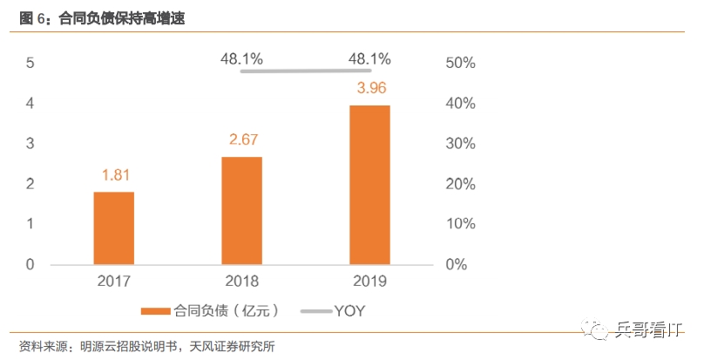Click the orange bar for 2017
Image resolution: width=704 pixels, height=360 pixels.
click(x=114, y=228)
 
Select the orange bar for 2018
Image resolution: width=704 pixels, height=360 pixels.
click(x=242, y=210)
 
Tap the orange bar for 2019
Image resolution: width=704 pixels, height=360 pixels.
click(x=369, y=184)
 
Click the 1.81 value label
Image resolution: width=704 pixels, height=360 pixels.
click(x=114, y=175)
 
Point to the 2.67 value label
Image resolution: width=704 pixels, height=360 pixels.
click(x=242, y=139)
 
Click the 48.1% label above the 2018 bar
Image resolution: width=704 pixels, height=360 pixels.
click(x=242, y=59)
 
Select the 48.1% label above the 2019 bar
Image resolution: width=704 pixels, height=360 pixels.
click(x=369, y=59)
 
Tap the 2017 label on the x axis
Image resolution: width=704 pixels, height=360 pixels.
click(x=114, y=282)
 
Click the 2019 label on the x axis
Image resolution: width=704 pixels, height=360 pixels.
click(x=369, y=282)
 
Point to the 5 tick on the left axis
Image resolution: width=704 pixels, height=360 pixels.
click(x=30, y=63)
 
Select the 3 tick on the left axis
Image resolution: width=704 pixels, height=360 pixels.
click(x=30, y=144)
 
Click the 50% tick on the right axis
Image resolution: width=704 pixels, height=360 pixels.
click(x=459, y=63)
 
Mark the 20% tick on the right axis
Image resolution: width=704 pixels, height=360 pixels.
click(x=459, y=184)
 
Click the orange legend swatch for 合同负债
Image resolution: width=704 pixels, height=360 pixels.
click(x=156, y=310)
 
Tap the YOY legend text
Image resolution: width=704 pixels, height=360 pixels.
click(x=351, y=310)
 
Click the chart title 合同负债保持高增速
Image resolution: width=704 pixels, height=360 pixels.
click(x=121, y=17)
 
